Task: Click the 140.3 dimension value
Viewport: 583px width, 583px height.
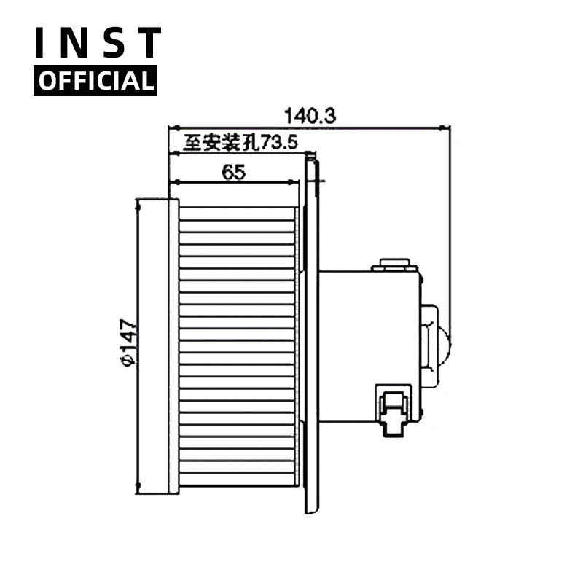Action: (310, 116)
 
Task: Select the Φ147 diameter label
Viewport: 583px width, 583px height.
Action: (128, 343)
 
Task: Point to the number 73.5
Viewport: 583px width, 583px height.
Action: (279, 144)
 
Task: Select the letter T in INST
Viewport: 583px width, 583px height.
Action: (148, 44)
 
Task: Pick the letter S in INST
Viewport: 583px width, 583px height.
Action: (112, 44)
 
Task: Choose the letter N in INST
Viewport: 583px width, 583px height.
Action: (77, 44)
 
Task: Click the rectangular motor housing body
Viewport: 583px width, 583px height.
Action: (369, 346)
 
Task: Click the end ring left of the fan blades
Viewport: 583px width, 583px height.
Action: (173, 346)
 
